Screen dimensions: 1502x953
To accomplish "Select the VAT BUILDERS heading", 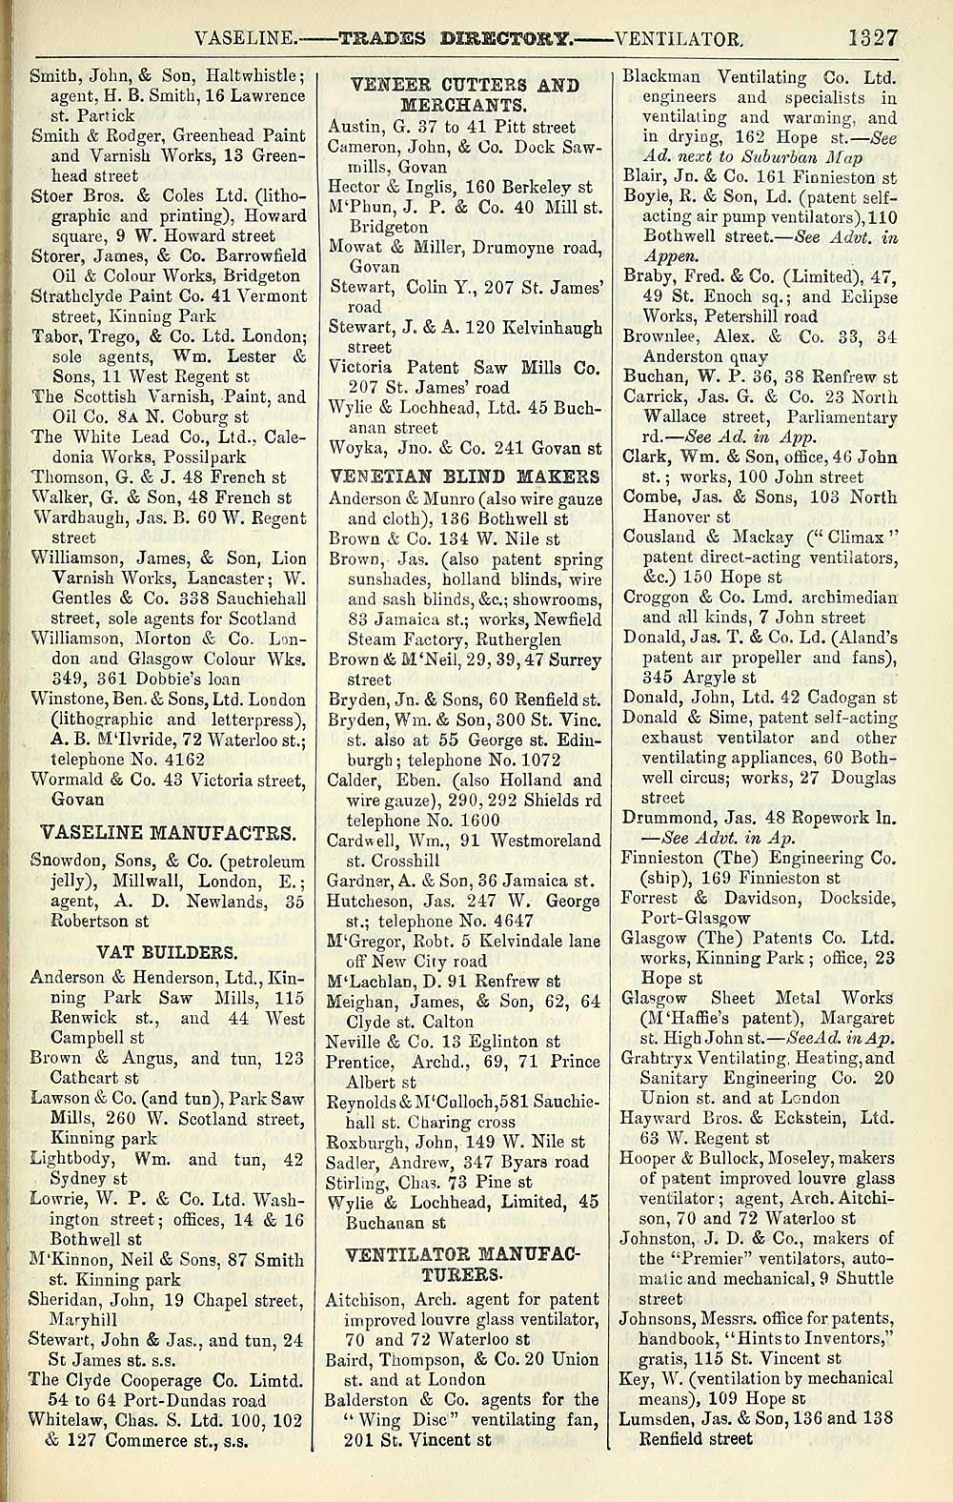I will tap(168, 951).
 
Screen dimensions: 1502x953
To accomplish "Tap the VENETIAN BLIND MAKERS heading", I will tap(464, 475).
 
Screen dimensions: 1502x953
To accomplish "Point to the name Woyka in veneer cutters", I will tap(351, 447).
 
